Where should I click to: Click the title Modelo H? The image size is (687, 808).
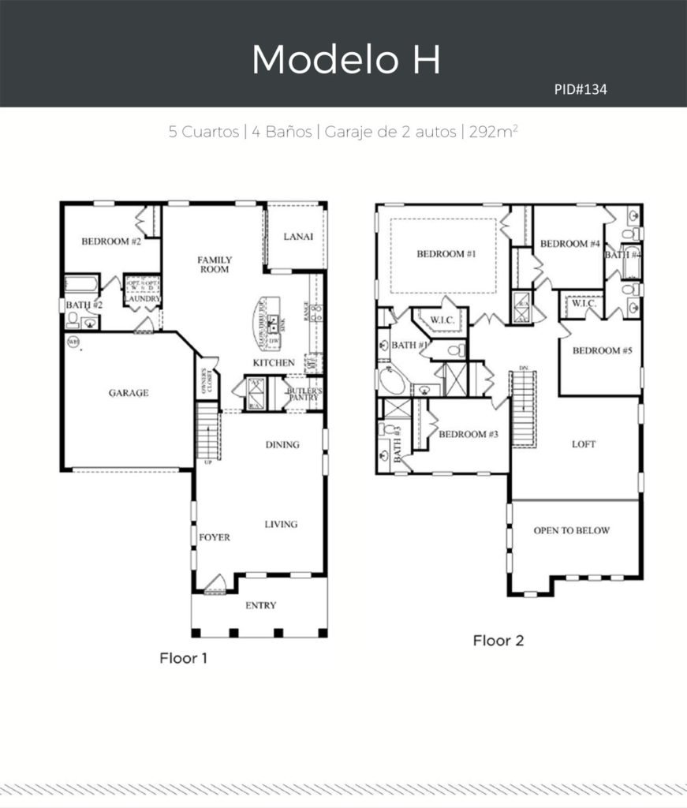coord(345,60)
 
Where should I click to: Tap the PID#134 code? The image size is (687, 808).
coord(581,90)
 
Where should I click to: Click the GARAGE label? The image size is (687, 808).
coord(128,393)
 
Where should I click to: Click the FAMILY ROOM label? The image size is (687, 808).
coord(214,264)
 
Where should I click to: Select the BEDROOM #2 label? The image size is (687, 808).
coord(112,241)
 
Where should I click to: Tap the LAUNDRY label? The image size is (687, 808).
coord(142,299)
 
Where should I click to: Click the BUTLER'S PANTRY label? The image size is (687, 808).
coord(302,393)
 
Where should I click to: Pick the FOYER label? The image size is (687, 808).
coord(214,537)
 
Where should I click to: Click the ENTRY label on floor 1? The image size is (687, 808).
coord(260,605)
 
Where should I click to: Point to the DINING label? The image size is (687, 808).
coord(282,444)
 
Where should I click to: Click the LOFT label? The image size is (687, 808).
coord(584,444)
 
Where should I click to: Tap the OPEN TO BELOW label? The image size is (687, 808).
coord(571,530)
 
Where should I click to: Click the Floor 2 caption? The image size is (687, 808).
coord(498,640)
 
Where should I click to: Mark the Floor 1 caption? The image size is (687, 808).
coord(184,656)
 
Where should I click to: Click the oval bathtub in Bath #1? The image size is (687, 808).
coord(392,383)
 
